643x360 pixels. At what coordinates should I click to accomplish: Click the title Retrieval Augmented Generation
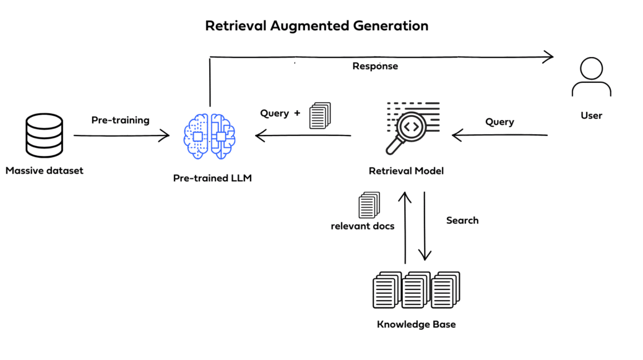pyautogui.click(x=316, y=26)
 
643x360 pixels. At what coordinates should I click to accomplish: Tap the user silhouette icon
pyautogui.click(x=591, y=79)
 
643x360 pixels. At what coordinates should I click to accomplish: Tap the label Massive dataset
pyautogui.click(x=45, y=170)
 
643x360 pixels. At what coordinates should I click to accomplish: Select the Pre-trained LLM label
pyautogui.click(x=213, y=178)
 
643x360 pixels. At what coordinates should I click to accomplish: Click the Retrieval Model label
pyautogui.click(x=406, y=171)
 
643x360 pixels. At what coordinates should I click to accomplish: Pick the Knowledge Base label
pyautogui.click(x=416, y=324)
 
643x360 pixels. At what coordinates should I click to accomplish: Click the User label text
pyautogui.click(x=591, y=116)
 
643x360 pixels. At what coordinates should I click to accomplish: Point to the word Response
pyautogui.click(x=375, y=66)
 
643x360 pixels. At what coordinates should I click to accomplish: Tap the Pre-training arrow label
pyautogui.click(x=120, y=120)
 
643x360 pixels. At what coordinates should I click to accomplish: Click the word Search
pyautogui.click(x=462, y=220)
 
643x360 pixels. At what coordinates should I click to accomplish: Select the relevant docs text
pyautogui.click(x=363, y=226)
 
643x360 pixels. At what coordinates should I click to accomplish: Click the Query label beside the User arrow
pyautogui.click(x=499, y=122)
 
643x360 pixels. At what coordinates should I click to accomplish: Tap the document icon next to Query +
pyautogui.click(x=320, y=116)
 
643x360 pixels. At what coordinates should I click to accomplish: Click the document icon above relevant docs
pyautogui.click(x=369, y=204)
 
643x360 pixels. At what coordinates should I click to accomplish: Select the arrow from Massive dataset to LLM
pyautogui.click(x=121, y=135)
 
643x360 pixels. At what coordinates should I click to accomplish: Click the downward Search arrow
pyautogui.click(x=425, y=226)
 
